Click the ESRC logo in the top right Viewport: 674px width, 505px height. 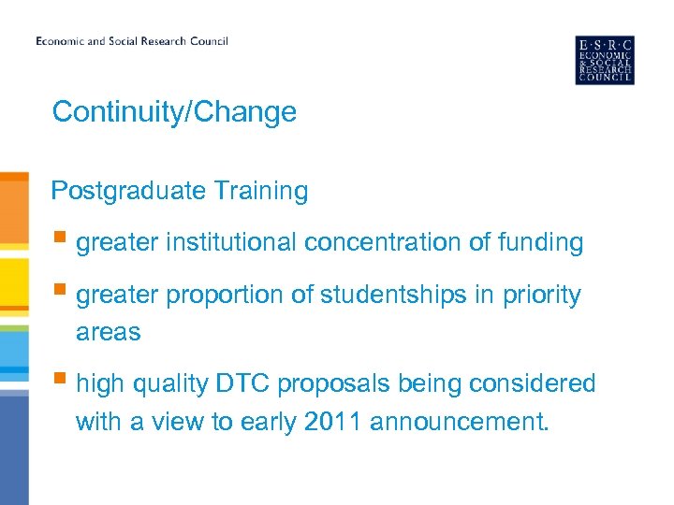click(604, 60)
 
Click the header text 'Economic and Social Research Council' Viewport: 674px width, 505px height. click(132, 41)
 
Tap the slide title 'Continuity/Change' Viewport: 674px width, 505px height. click(174, 112)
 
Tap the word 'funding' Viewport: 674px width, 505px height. click(540, 243)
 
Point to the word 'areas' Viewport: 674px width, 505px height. click(108, 332)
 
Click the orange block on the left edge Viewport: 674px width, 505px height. click(14, 210)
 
